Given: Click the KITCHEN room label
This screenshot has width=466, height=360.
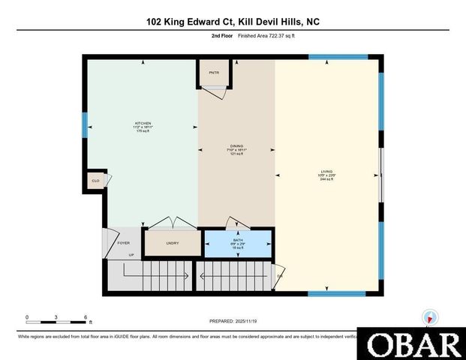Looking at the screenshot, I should [x=143, y=123].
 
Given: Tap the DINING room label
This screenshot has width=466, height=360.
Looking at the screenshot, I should [x=237, y=146].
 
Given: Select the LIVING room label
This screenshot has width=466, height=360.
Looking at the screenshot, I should [x=326, y=172].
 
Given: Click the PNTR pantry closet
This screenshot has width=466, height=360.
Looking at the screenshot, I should [x=214, y=72].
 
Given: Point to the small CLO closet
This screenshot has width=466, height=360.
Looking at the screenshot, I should [x=95, y=181].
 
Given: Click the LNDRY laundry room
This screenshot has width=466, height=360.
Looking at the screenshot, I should [x=172, y=243].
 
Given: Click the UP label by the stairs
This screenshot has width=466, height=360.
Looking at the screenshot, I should [x=131, y=255].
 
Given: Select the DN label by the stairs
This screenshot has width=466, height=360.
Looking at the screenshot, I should [x=280, y=277].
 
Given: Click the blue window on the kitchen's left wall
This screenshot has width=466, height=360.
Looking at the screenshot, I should [x=85, y=124].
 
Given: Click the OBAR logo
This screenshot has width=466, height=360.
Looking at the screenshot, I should [x=410, y=343].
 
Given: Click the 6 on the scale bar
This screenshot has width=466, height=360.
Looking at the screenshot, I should [x=86, y=316].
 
